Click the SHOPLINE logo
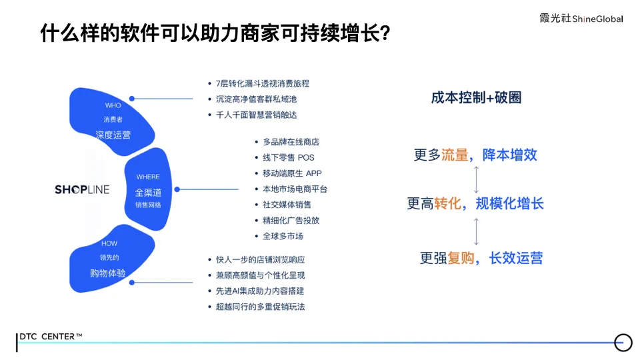point(82,189)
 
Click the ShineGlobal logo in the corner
point(581,19)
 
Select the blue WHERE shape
point(148,189)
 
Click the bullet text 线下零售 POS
point(288,157)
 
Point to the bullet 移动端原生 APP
point(292,173)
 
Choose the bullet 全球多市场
point(283,236)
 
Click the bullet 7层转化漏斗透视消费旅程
point(263,83)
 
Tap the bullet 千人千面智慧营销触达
point(256,115)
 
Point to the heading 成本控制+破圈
point(476,98)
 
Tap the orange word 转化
point(447,203)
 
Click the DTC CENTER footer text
point(51,337)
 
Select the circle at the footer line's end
point(623,342)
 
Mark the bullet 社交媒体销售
point(287,205)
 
